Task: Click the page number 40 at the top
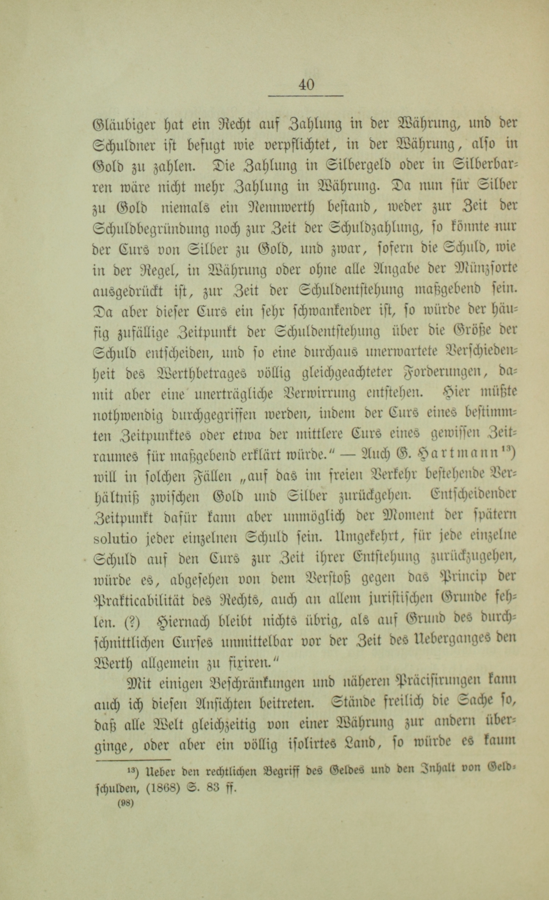coord(306,84)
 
